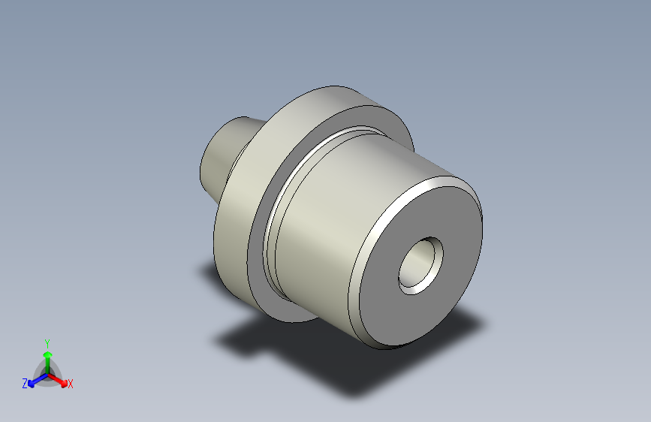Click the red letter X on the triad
click(x=71, y=384)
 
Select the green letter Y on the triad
click(x=47, y=342)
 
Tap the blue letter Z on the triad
click(x=25, y=384)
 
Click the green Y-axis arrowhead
click(x=47, y=352)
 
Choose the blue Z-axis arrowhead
click(x=32, y=381)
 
